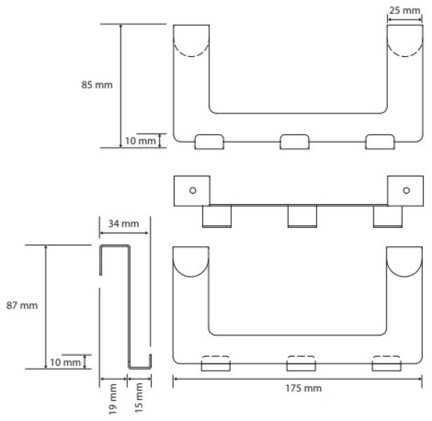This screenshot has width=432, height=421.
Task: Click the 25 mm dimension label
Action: coord(405,11)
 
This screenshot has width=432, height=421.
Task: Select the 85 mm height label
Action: coord(97,85)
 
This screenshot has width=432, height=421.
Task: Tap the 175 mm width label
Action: coord(304,388)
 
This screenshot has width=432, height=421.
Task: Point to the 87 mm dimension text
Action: coord(22,305)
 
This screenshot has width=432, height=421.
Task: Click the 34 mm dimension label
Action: coord(123,224)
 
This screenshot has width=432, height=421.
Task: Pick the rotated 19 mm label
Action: coord(113,399)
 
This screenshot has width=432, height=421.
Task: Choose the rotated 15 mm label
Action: coord(139,398)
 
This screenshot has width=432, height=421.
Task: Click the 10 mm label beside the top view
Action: coord(140,141)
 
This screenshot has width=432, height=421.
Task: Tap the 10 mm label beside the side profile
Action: coord(65,362)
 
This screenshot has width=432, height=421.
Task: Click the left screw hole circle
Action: coord(193,190)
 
